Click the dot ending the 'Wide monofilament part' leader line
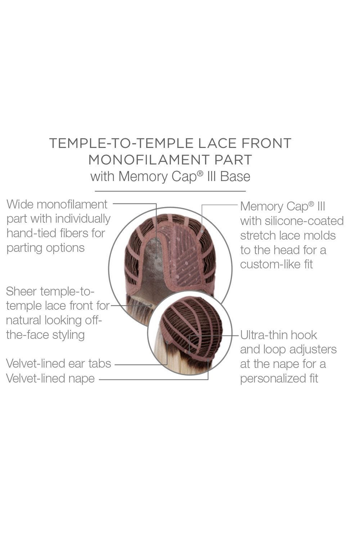click(156, 258)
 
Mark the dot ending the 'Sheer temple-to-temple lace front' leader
click(151, 305)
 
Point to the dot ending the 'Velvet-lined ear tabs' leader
click(167, 342)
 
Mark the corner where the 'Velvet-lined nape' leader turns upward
click(208, 380)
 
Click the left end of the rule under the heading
click(95, 191)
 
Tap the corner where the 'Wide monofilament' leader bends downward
click(156, 203)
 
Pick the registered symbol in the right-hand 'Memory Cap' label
click(311, 204)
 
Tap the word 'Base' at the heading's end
click(235, 176)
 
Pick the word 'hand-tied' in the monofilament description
click(31, 233)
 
